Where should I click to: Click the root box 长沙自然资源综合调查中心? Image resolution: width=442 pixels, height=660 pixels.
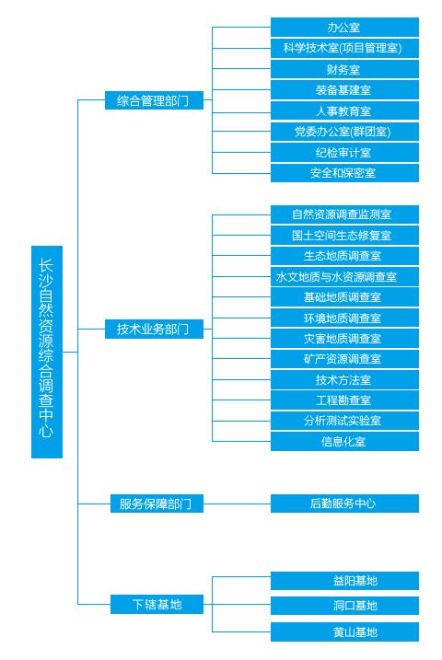tap(47, 352)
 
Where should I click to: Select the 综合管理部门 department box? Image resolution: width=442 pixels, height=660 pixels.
tap(154, 100)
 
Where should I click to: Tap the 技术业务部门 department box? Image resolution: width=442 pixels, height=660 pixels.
tap(154, 329)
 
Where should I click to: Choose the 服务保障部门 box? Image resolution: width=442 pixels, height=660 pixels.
tap(157, 504)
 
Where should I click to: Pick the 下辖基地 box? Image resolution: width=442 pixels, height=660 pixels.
tap(157, 605)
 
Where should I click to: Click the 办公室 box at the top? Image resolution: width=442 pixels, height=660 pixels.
tap(344, 28)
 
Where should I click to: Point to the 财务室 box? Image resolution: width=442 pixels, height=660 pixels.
tap(344, 69)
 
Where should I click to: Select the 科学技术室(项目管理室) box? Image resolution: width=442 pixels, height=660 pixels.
tap(344, 48)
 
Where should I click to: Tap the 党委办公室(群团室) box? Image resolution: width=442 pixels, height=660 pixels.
tap(344, 132)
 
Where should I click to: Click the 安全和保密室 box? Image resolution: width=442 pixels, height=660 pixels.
tap(344, 172)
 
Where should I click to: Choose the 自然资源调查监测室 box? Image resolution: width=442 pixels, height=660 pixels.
tap(344, 214)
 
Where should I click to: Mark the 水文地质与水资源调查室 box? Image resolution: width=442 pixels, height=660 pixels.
tap(344, 276)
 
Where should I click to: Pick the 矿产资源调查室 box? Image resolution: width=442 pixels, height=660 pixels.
tap(344, 359)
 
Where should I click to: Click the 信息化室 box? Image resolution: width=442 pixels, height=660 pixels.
tap(344, 441)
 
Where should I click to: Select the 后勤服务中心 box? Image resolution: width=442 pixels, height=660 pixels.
tap(344, 504)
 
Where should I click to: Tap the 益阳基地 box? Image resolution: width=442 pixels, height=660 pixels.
tap(344, 581)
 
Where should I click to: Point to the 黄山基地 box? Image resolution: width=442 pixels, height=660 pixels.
tap(344, 631)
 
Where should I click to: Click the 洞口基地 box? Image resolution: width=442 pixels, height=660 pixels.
tap(344, 606)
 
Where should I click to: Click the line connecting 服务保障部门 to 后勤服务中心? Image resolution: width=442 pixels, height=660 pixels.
tap(237, 504)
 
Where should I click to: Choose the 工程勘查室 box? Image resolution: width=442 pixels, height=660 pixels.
tap(344, 399)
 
